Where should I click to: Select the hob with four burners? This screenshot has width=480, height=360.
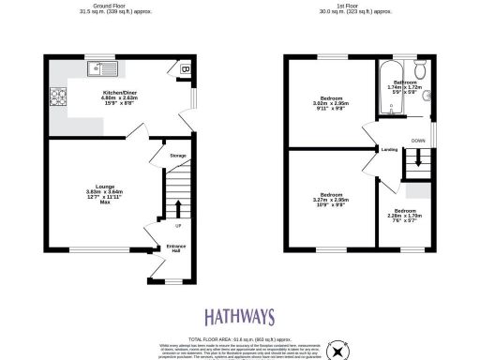tap(53, 95)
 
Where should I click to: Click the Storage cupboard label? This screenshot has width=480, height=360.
tap(178, 156)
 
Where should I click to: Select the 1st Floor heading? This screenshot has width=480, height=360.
tap(360, 8)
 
